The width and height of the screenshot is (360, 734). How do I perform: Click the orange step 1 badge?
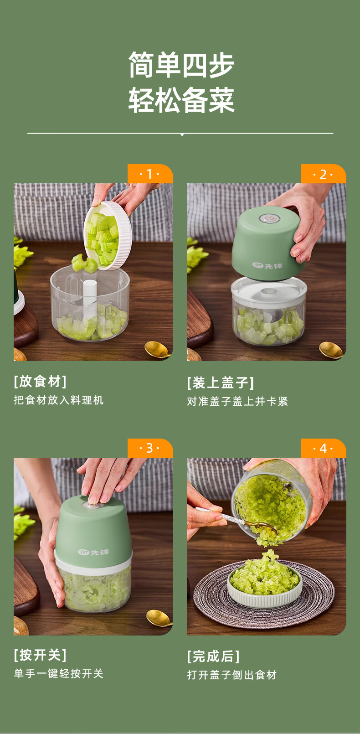click(x=150, y=174)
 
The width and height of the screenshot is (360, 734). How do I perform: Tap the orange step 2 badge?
click(x=323, y=174)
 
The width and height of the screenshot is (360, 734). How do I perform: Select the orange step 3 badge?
click(x=150, y=448)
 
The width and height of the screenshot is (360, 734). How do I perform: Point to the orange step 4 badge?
click(x=323, y=448)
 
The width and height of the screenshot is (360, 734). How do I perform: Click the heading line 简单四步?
click(x=181, y=65)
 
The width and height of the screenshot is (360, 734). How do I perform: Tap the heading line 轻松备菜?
click(x=181, y=100)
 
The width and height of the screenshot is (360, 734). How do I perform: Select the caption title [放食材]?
click(x=40, y=382)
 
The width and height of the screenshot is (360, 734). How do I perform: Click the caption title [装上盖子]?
click(x=220, y=383)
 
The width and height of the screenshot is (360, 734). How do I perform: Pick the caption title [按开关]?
click(x=40, y=655)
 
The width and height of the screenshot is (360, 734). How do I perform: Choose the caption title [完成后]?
click(x=213, y=656)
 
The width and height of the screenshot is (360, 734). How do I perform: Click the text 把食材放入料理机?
click(x=59, y=400)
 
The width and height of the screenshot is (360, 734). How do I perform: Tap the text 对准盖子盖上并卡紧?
click(x=237, y=401)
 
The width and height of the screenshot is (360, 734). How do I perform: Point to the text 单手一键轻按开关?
click(x=59, y=674)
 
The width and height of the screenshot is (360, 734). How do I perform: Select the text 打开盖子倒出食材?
click(x=232, y=675)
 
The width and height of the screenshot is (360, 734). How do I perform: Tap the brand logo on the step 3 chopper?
click(x=93, y=553)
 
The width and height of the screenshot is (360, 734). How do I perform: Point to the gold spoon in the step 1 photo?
click(x=158, y=349)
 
